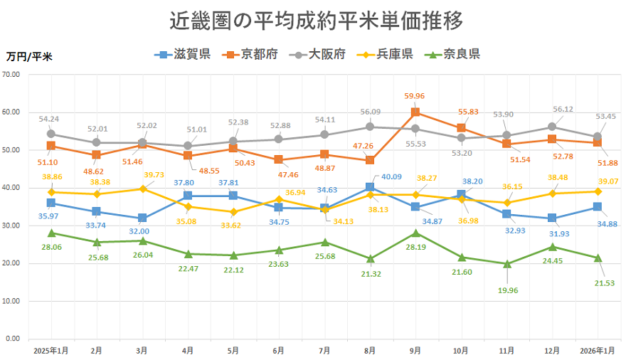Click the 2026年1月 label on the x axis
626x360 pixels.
click(x=597, y=351)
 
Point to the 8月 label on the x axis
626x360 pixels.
click(x=369, y=351)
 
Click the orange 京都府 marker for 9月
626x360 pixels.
click(x=415, y=112)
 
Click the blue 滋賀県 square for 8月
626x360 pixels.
click(x=370, y=187)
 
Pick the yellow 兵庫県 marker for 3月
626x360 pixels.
click(x=142, y=189)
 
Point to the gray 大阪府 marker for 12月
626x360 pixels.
click(x=552, y=127)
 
